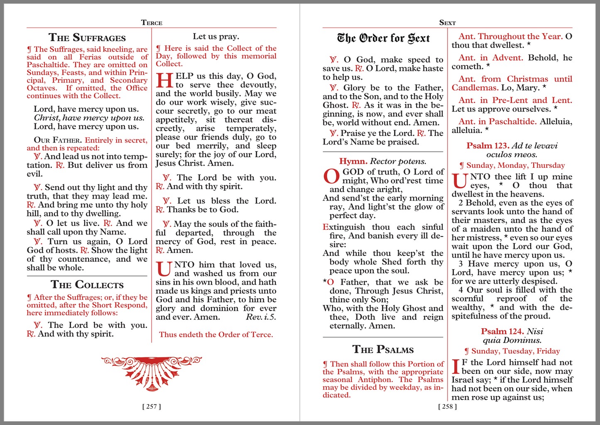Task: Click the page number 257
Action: tap(152, 406)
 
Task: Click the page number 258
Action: tap(447, 406)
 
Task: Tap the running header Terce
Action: tap(152, 22)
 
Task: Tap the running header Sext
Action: tap(447, 22)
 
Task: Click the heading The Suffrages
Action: tap(87, 37)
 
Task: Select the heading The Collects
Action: tap(87, 285)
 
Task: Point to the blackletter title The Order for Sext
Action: tap(383, 38)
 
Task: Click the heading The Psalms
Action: tap(383, 349)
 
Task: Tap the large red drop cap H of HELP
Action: tap(164, 80)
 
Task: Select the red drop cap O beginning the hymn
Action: tap(331, 177)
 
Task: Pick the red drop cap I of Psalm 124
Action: tap(456, 367)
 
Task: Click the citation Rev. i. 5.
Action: tap(261, 317)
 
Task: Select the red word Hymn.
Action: tap(353, 161)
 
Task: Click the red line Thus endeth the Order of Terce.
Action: tap(216, 334)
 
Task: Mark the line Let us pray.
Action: tap(216, 37)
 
